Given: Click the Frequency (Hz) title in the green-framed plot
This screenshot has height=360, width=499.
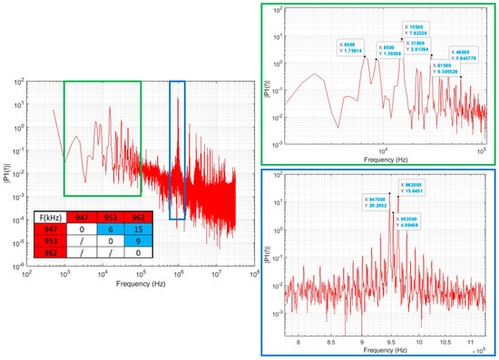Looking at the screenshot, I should click(382, 159).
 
